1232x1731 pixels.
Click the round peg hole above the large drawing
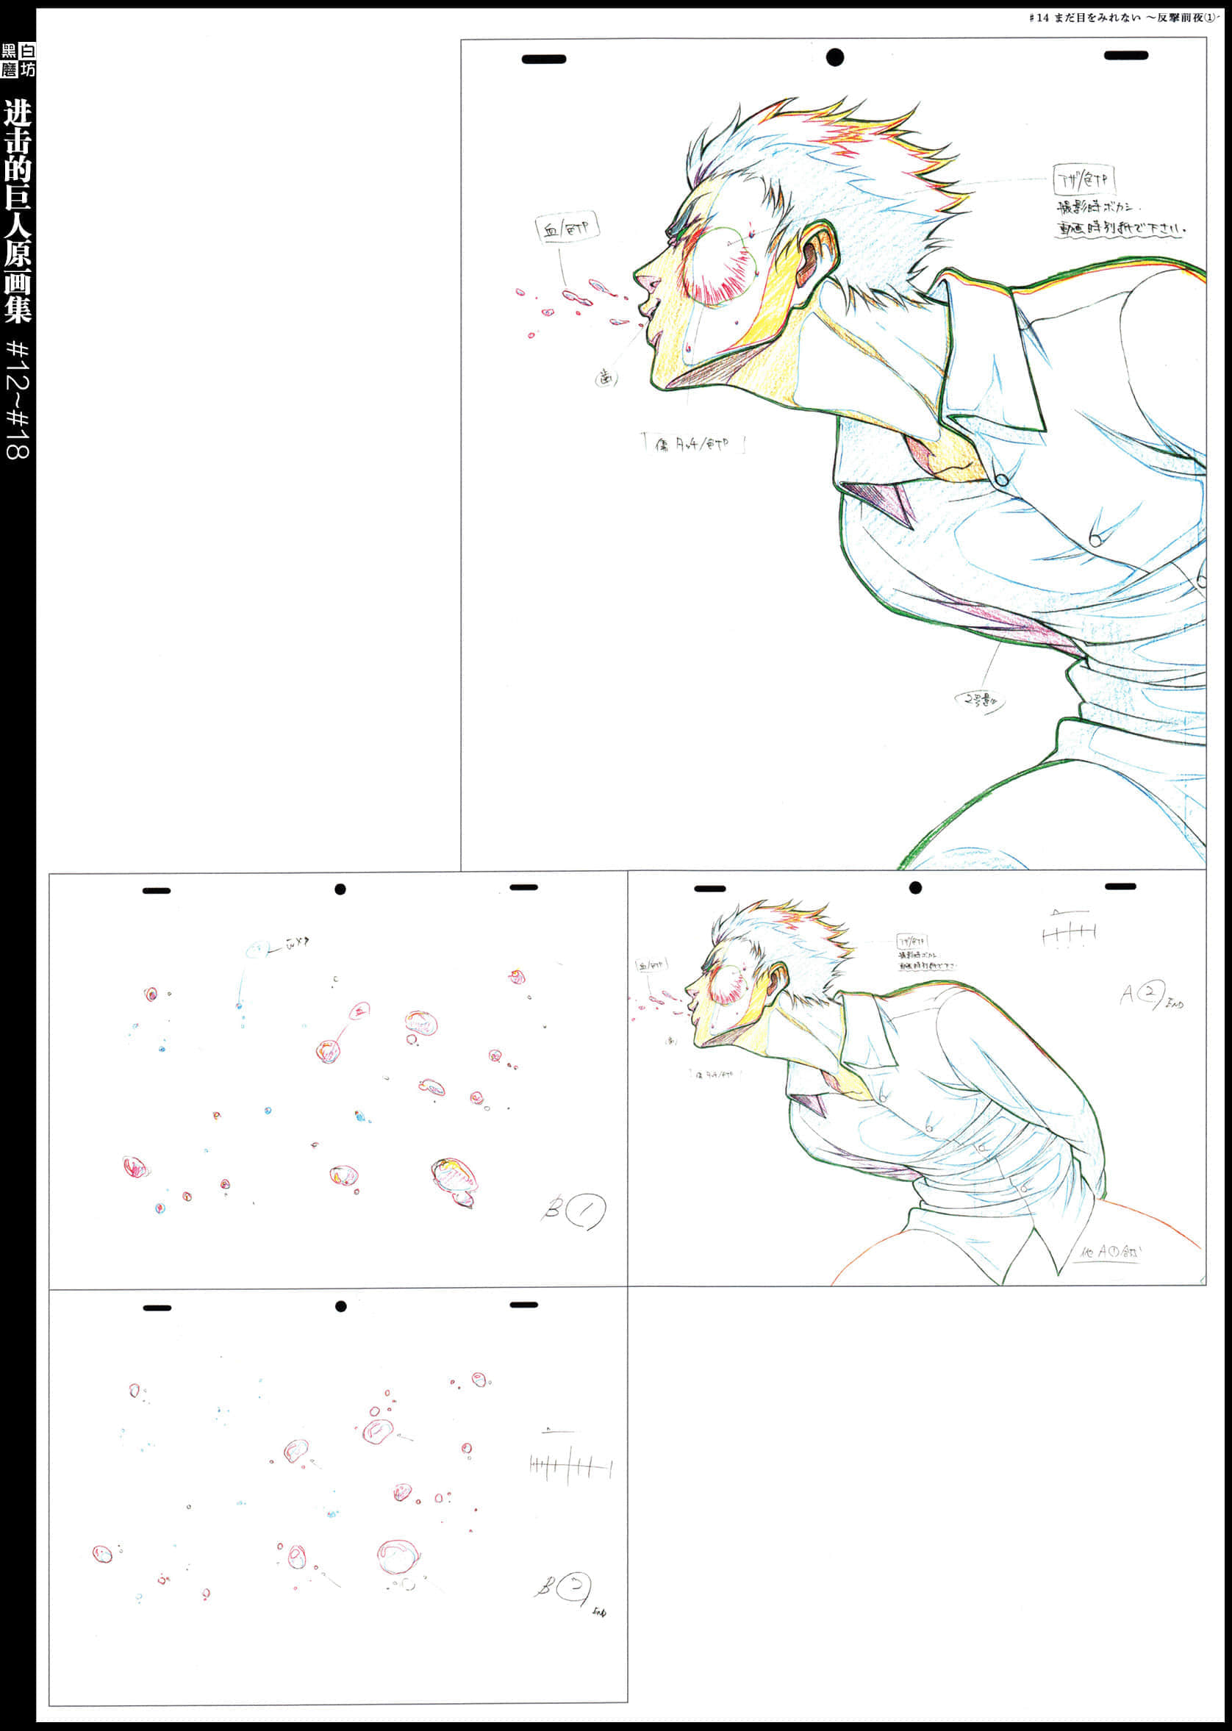834,57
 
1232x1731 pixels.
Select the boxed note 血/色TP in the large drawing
567,228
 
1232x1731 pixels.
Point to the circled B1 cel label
576,1211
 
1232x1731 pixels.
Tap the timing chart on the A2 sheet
1068,931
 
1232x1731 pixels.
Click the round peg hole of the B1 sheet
340,889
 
